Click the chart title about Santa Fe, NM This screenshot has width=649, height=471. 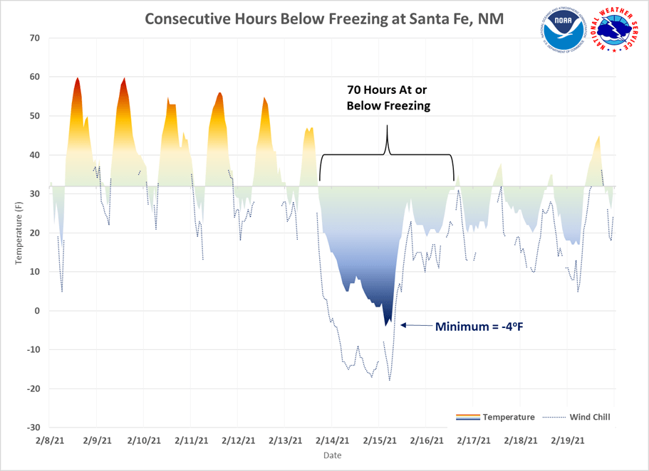324,18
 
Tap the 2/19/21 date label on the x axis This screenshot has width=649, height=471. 568,440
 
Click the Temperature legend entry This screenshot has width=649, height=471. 508,417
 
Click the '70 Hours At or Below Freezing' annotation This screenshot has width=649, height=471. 388,97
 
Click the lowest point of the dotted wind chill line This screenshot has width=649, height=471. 390,380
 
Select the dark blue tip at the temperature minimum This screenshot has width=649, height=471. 386,324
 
